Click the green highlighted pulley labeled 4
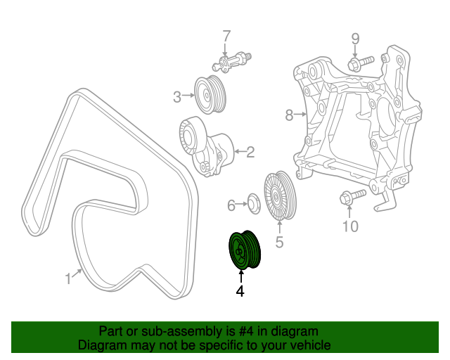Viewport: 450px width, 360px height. pyautogui.click(x=245, y=250)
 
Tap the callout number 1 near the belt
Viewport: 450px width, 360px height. pyautogui.click(x=68, y=279)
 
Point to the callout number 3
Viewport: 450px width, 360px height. pyautogui.click(x=178, y=96)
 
